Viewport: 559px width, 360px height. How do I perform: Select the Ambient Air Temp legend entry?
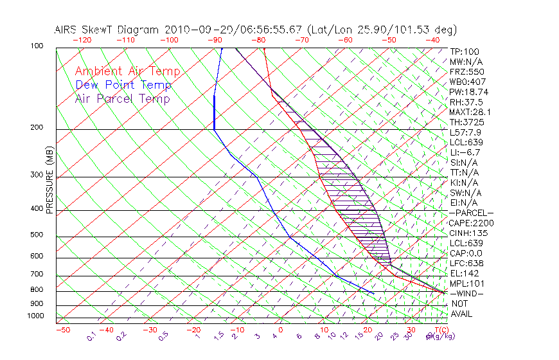click(x=127, y=71)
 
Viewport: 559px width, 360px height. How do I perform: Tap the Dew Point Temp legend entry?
click(x=123, y=85)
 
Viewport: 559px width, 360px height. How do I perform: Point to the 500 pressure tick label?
click(x=36, y=236)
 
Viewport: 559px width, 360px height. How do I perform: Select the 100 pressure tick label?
click(x=36, y=46)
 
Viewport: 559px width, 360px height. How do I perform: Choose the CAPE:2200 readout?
click(x=471, y=223)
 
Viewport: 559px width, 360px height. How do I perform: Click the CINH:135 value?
click(x=468, y=233)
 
